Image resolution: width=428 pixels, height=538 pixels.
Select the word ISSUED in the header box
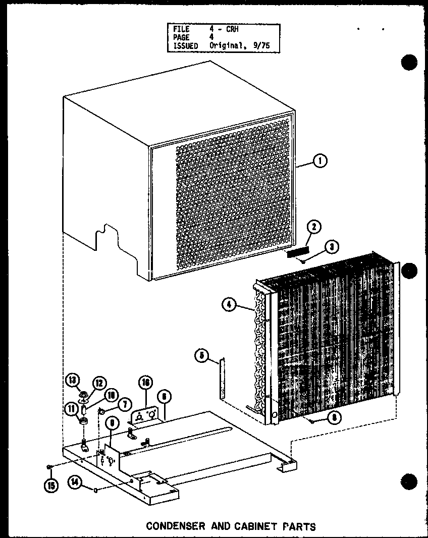(185, 45)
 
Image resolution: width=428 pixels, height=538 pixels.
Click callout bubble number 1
(319, 162)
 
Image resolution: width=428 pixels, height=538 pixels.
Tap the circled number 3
(332, 247)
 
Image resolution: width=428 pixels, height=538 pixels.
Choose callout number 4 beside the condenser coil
(229, 304)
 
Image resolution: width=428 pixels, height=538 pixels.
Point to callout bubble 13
(72, 380)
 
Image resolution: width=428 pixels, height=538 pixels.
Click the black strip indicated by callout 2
(297, 251)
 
